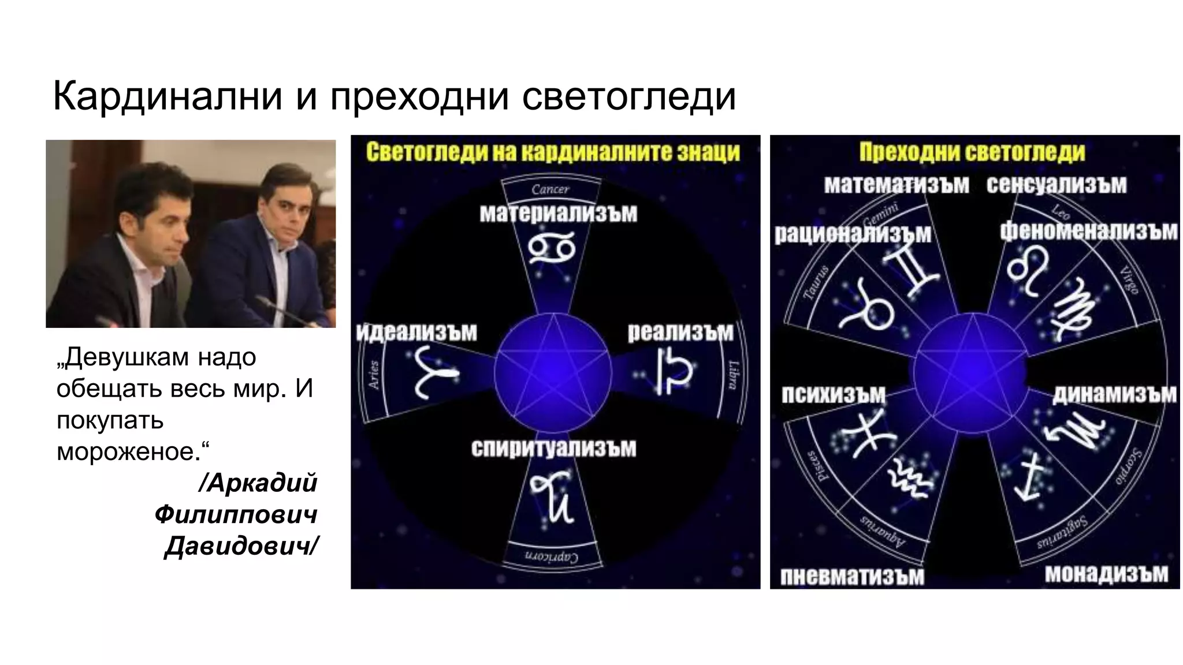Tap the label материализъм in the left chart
tap(558, 214)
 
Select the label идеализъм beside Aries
tap(416, 332)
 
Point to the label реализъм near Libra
tap(680, 332)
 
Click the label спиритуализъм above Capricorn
tap(553, 449)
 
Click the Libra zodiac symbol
tap(674, 371)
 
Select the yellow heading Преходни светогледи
tap(972, 152)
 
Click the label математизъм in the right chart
tap(896, 185)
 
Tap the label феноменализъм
tap(1088, 231)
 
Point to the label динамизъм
tap(1114, 394)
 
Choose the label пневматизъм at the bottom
tap(852, 577)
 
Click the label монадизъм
tap(1106, 574)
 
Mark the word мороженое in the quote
tap(128, 452)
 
